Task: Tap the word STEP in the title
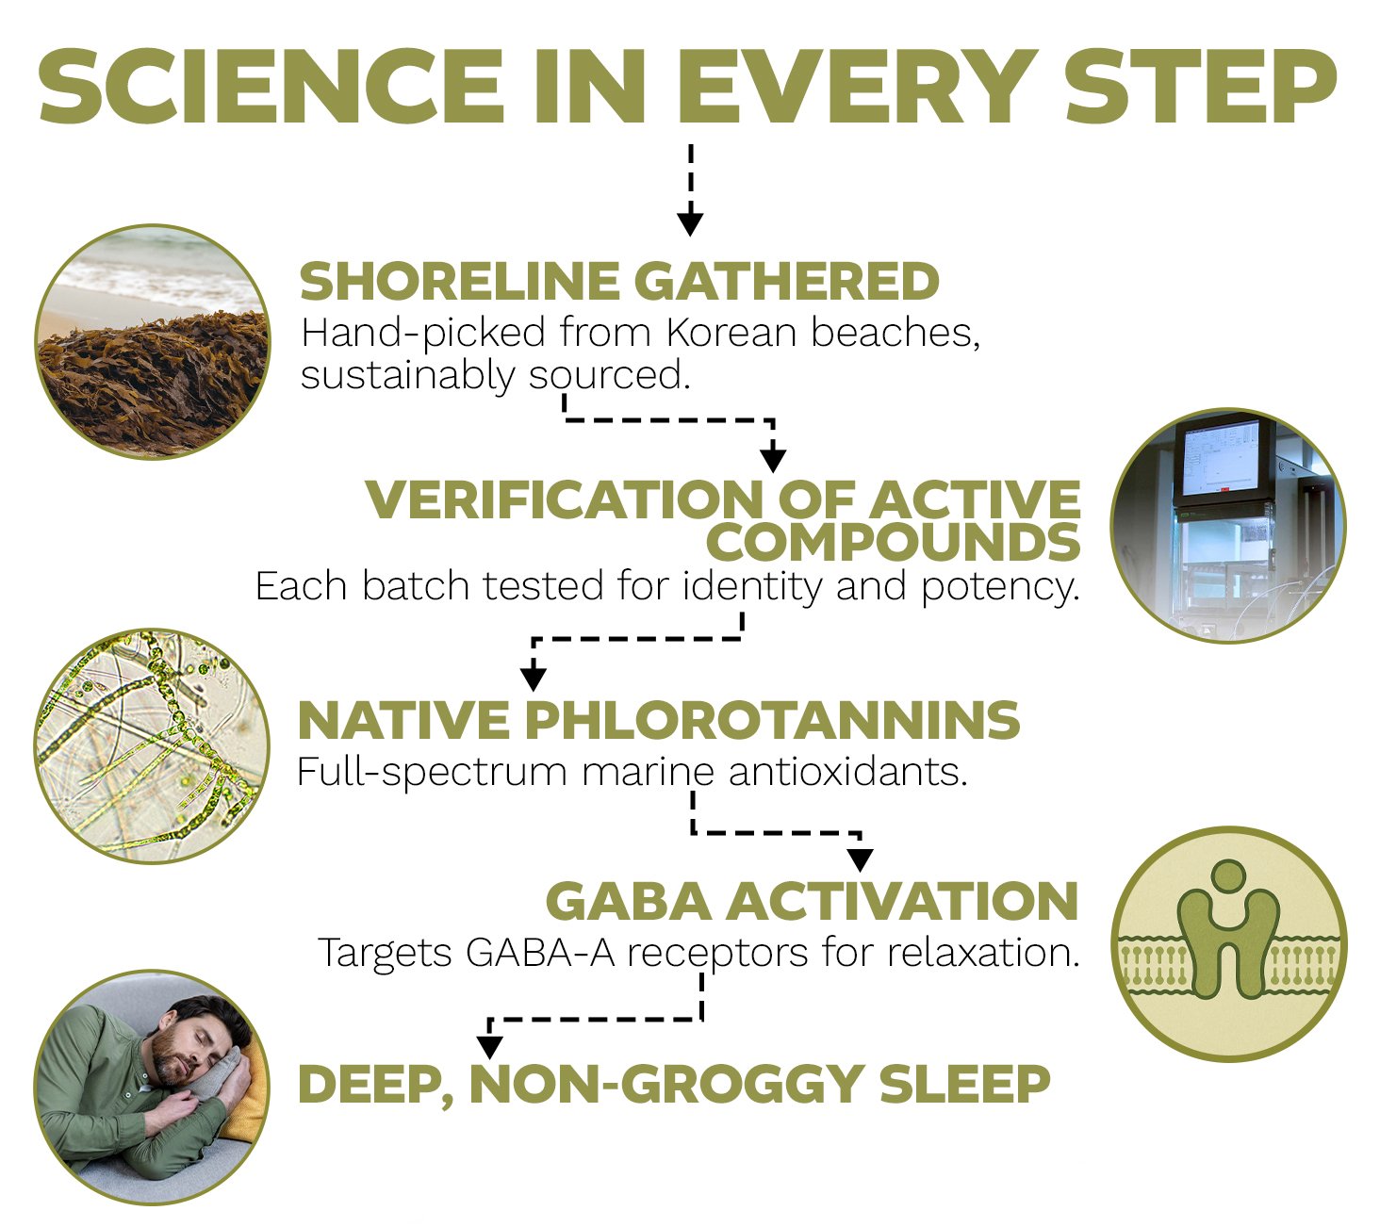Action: click(x=1201, y=87)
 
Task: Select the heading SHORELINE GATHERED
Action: click(x=619, y=281)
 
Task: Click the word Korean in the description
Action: click(x=731, y=333)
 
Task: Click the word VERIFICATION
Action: click(x=565, y=500)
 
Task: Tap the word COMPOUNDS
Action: click(x=893, y=543)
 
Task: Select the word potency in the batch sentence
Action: click(x=1001, y=586)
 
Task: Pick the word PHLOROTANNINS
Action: click(x=772, y=720)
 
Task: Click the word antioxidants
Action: click(x=848, y=772)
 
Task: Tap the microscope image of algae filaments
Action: click(x=152, y=746)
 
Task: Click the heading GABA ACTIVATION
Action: click(x=812, y=902)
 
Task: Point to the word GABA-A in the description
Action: click(x=540, y=952)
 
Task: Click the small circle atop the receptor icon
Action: click(x=1228, y=875)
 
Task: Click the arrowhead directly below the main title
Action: click(x=690, y=223)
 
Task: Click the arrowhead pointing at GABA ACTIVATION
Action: click(x=861, y=860)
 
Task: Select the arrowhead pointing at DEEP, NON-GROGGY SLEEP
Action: click(x=490, y=1047)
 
